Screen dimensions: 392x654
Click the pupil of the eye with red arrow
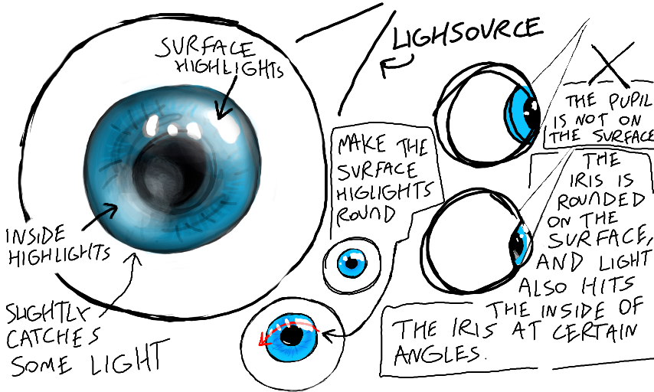click(290, 335)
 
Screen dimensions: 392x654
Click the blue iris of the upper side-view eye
click(522, 112)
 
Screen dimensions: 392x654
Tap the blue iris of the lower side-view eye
click(520, 243)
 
